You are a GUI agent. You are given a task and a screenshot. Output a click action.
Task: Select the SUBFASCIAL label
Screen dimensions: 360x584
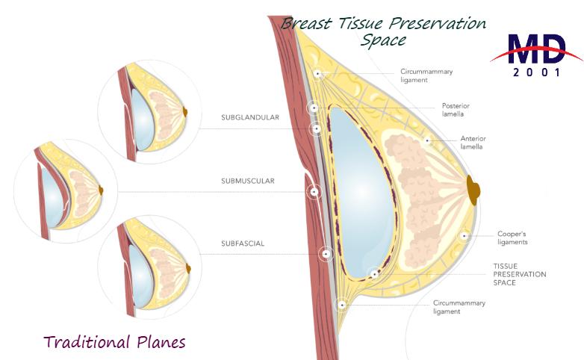pyautogui.click(x=242, y=243)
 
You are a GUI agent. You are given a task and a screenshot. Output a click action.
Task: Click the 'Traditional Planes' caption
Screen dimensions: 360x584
pyautogui.click(x=114, y=342)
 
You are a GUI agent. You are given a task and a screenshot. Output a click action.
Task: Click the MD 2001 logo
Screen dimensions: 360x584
pyautogui.click(x=536, y=55)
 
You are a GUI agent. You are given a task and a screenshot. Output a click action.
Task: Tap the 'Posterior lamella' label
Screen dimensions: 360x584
pyautogui.click(x=456, y=110)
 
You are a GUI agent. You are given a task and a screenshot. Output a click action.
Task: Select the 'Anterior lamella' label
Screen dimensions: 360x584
pyautogui.click(x=472, y=143)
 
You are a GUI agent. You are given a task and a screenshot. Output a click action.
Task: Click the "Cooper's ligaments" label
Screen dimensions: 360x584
pyautogui.click(x=512, y=238)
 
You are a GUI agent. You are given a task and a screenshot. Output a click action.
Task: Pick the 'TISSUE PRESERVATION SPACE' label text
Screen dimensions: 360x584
pyautogui.click(x=519, y=274)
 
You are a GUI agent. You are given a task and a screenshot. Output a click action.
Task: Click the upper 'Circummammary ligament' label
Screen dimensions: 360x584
pyautogui.click(x=426, y=75)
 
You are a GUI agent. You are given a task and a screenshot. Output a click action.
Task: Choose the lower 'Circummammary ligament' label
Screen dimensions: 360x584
pyautogui.click(x=459, y=307)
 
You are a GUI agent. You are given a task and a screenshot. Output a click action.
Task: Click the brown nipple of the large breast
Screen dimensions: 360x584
pyautogui.click(x=473, y=188)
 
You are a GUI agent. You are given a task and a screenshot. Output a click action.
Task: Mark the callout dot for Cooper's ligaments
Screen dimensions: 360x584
pyautogui.click(x=465, y=235)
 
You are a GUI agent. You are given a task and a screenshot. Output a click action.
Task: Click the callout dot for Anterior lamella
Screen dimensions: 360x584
pyautogui.click(x=427, y=140)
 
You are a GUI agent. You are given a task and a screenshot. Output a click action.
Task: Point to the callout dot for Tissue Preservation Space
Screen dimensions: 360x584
pyautogui.click(x=374, y=274)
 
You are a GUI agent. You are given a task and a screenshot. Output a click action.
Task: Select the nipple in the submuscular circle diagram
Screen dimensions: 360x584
pyautogui.click(x=101, y=190)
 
